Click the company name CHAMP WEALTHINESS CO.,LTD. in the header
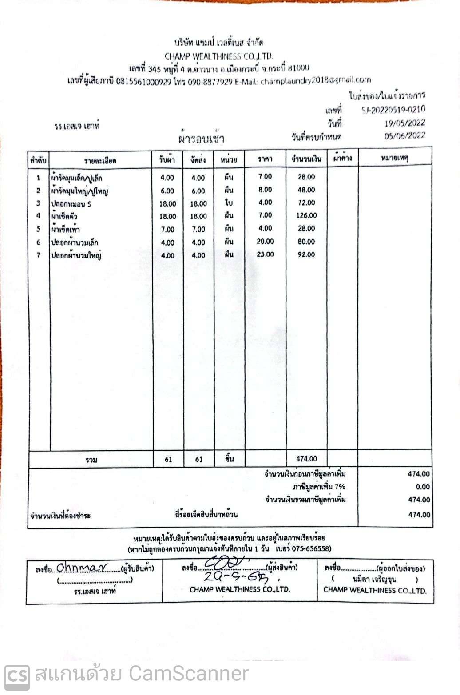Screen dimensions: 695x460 point(218,56)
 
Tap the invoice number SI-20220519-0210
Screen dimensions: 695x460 point(393,110)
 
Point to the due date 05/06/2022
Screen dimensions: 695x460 point(404,136)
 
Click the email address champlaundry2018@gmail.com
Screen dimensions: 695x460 point(315,80)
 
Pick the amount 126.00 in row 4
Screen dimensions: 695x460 point(306,216)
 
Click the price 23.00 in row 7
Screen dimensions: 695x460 point(265,254)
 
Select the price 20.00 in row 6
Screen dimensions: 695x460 point(265,242)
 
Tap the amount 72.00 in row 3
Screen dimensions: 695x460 point(306,203)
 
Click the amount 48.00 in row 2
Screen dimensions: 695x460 point(306,190)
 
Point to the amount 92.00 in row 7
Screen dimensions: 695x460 point(306,255)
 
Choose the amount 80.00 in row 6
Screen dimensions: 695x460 point(306,242)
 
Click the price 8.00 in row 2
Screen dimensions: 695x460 point(265,190)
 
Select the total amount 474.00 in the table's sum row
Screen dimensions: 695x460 point(306,459)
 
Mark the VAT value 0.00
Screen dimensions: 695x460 point(423,487)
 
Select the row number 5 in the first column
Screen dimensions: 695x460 point(39,230)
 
